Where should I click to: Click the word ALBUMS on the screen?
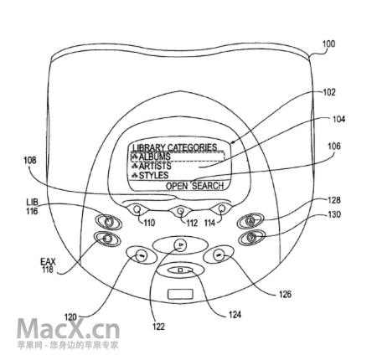(x=154, y=157)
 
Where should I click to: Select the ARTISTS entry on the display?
(x=155, y=166)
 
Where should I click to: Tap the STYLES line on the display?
(x=153, y=176)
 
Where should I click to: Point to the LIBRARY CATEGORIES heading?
(x=174, y=147)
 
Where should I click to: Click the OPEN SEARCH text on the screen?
(x=194, y=186)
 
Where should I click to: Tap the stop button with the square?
(x=181, y=270)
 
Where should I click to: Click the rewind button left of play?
(x=142, y=255)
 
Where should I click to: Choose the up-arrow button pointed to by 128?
(x=250, y=221)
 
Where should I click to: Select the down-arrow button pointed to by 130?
(x=252, y=238)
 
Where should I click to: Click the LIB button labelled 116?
(x=108, y=222)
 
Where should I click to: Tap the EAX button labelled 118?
(x=107, y=239)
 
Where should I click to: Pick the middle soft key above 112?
(x=181, y=210)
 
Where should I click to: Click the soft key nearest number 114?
(x=222, y=208)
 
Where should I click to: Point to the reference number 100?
(x=328, y=44)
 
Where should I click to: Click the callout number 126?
(x=285, y=294)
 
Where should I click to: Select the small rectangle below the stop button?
(x=180, y=294)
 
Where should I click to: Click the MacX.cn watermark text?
(x=69, y=329)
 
